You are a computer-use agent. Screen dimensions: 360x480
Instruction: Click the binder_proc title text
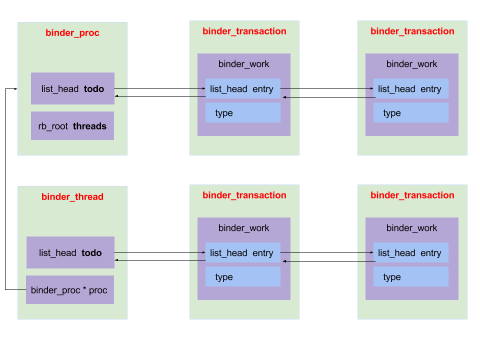coord(72,33)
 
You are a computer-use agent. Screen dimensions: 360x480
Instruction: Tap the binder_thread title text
coord(72,197)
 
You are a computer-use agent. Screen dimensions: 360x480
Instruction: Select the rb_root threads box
coord(72,126)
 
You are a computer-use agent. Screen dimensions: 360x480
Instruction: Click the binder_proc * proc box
coord(69,290)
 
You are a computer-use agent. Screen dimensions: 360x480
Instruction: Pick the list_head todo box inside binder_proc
coord(72,89)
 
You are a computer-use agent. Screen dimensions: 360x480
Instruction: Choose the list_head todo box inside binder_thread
coord(70,253)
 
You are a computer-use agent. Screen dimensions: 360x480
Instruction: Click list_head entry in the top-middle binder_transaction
coord(242,89)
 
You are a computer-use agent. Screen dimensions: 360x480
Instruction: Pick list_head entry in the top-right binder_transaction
coord(410,89)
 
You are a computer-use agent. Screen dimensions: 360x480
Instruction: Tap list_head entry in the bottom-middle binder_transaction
coord(242,253)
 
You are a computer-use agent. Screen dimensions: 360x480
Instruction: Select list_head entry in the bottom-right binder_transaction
coord(410,253)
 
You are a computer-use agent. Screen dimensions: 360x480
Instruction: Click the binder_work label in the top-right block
coord(411,64)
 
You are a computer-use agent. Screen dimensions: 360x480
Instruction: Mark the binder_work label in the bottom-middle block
coord(243,228)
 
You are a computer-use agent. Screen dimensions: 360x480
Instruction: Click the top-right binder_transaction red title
coord(412,31)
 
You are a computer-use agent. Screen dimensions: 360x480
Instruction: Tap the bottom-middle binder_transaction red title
coord(244,195)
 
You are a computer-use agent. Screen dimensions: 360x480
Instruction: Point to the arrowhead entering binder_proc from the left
coord(16,89)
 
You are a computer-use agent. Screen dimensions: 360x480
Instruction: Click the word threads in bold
coord(89,126)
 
